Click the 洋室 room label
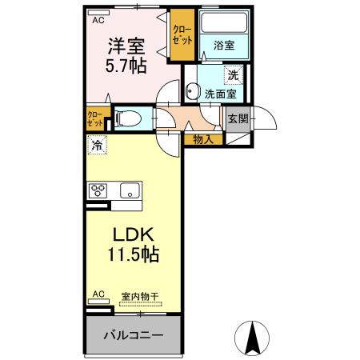tap(126, 44)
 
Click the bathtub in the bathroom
tap(223, 24)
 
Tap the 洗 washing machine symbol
tap(232, 76)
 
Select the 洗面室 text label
tap(219, 94)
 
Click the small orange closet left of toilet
tap(95, 119)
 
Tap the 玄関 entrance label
tap(237, 119)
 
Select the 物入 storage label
tap(203, 139)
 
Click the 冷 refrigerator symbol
tap(97, 146)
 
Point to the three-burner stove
tap(100, 190)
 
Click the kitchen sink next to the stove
tap(128, 190)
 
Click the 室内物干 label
tap(140, 296)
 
